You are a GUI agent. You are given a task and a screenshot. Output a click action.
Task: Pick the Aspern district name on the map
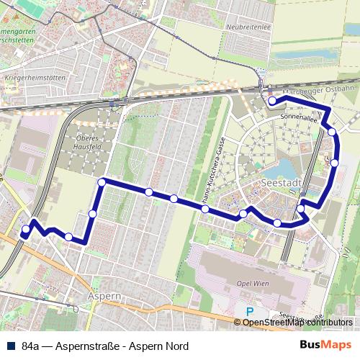point(100,296)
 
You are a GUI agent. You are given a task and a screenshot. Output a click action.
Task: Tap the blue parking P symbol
point(250,312)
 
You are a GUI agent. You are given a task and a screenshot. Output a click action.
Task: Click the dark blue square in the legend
point(9,346)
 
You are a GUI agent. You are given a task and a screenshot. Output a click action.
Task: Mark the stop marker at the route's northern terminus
point(271,101)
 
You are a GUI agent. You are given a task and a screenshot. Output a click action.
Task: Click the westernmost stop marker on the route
point(26,230)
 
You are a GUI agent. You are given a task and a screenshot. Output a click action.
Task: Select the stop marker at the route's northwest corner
point(102,183)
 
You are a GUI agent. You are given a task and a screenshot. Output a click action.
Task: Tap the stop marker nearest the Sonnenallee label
point(332,132)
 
